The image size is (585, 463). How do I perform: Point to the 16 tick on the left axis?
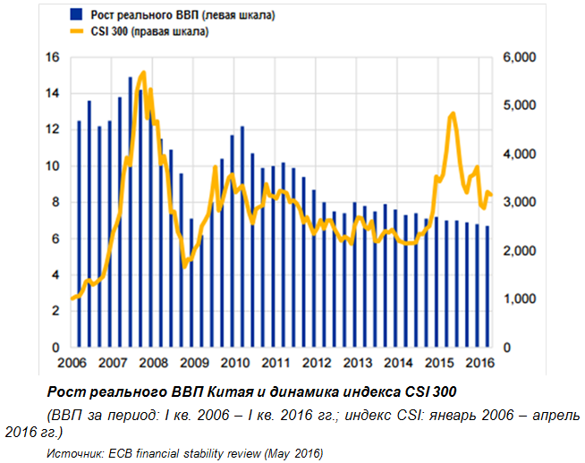click(52, 57)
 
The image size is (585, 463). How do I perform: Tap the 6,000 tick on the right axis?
click(520, 57)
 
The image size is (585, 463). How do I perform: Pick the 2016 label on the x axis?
click(481, 363)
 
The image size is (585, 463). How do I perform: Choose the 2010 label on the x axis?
click(234, 363)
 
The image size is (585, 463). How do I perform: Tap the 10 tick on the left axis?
click(52, 166)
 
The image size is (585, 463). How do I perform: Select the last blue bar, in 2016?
click(487, 286)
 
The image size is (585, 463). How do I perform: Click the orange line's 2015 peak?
click(453, 114)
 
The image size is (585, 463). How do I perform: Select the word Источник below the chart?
click(72, 453)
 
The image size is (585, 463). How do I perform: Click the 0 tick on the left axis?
click(55, 347)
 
